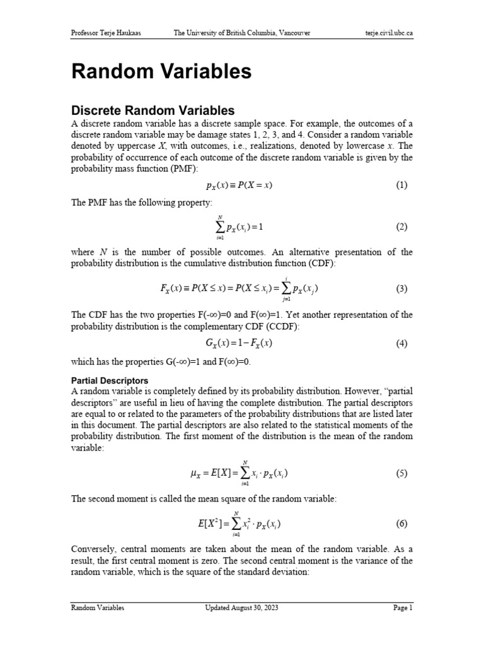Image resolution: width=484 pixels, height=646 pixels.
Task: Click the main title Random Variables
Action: [x=161, y=71]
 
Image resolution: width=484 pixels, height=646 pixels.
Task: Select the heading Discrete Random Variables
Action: [x=153, y=110]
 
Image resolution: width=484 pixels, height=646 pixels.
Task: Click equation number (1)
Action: [x=401, y=185]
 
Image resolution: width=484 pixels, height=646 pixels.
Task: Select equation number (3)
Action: [x=401, y=289]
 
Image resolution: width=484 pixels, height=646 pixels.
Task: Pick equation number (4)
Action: [x=401, y=344]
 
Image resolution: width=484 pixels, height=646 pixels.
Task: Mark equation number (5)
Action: [x=401, y=473]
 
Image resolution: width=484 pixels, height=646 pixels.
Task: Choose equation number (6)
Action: [x=401, y=524]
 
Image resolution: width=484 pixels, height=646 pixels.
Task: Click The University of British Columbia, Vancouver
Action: [x=241, y=33]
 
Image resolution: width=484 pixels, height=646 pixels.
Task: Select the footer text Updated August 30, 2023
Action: [x=241, y=608]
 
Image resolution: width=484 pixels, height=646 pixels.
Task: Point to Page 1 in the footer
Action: [x=402, y=608]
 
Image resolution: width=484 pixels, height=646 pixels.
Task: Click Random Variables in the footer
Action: [x=97, y=608]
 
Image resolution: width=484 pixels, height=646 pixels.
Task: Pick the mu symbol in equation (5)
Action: [x=193, y=474]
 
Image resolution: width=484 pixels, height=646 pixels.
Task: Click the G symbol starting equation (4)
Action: [x=210, y=344]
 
